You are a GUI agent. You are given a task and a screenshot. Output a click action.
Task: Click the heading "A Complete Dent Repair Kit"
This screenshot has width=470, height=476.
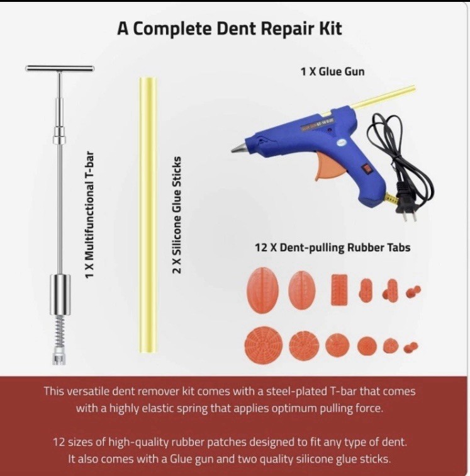click(x=229, y=30)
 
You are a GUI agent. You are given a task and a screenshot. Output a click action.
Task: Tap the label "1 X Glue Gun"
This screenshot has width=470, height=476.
click(x=332, y=72)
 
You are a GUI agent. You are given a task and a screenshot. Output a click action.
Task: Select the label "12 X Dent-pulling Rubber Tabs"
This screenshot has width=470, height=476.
click(x=332, y=247)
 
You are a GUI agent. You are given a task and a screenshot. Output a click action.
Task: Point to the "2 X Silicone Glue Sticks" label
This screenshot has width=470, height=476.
click(x=177, y=214)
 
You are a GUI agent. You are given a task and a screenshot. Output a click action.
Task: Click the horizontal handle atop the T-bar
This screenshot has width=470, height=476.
click(x=60, y=68)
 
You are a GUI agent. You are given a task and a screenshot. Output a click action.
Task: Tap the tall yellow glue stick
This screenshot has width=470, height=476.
click(x=147, y=214)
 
